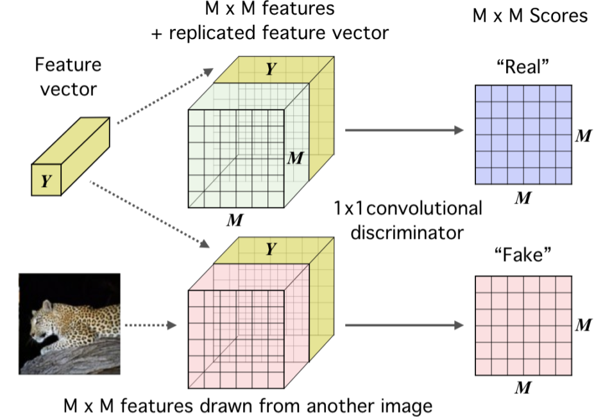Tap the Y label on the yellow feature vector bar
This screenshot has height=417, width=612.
pos(46,181)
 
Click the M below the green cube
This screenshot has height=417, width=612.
pos(235,221)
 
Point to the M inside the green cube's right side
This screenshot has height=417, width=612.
pos(294,158)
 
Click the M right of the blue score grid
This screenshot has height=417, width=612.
pos(584,135)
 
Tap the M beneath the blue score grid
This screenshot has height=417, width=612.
pos(523,198)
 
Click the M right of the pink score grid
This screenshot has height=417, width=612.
pos(584,326)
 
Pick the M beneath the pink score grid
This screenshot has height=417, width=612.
pos(523,388)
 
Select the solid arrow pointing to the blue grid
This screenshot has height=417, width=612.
pos(404,131)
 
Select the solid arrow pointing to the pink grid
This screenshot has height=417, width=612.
pos(404,325)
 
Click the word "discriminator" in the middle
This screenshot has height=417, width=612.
pos(407,231)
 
